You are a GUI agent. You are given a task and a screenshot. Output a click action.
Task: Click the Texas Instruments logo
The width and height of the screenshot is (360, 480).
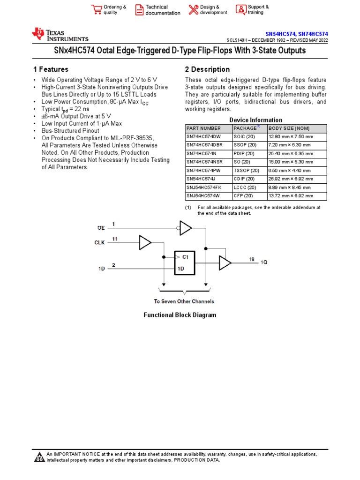point(60,35)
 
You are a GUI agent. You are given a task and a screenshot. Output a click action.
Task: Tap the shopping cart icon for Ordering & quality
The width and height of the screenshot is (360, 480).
point(97,10)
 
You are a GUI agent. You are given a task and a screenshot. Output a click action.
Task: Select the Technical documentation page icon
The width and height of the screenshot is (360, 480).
point(139,10)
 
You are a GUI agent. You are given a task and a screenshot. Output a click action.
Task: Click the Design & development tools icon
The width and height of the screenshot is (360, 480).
point(193,10)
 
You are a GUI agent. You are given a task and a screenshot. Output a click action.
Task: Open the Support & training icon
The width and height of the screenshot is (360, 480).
point(240,10)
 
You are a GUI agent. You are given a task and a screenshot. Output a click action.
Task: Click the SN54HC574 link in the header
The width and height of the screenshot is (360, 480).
point(280,34)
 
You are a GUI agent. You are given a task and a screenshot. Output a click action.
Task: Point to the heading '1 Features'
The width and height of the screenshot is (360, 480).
point(51,69)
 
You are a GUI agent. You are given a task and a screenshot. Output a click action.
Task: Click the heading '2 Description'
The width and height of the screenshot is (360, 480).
point(207,69)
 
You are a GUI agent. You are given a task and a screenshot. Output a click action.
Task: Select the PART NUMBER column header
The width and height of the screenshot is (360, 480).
point(200,128)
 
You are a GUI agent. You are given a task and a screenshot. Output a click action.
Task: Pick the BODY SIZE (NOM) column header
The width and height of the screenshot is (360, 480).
point(289,128)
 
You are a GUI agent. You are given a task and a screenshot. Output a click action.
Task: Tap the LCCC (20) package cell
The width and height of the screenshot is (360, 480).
point(245,187)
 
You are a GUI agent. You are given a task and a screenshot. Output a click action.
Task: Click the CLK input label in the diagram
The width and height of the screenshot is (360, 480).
point(100,243)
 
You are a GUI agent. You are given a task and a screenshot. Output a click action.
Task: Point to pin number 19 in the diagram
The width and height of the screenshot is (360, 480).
point(252,259)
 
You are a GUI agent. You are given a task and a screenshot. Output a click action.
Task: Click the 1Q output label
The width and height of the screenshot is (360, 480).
point(264,263)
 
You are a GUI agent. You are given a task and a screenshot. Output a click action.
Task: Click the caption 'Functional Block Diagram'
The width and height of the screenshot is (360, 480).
point(180,315)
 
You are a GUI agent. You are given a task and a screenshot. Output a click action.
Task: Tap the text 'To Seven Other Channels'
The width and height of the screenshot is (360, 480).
point(184,301)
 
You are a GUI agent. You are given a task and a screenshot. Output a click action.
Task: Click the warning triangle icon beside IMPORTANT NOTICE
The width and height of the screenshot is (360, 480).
point(39,457)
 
